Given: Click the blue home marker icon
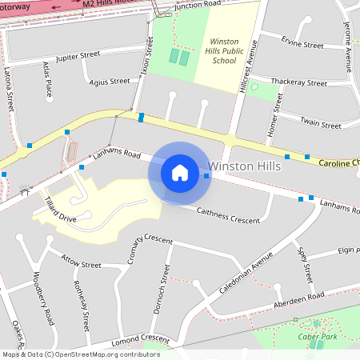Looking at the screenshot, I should pyautogui.click(x=179, y=173).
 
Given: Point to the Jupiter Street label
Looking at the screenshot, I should pyautogui.click(x=77, y=55).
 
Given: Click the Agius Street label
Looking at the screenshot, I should pyautogui.click(x=109, y=81).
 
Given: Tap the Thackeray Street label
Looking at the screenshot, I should pyautogui.click(x=300, y=82).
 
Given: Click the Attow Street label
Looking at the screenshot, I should pyautogui.click(x=82, y=264).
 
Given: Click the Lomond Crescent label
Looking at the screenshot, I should pyautogui.click(x=141, y=339).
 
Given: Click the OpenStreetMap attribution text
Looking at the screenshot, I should pyautogui.click(x=80, y=354).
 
